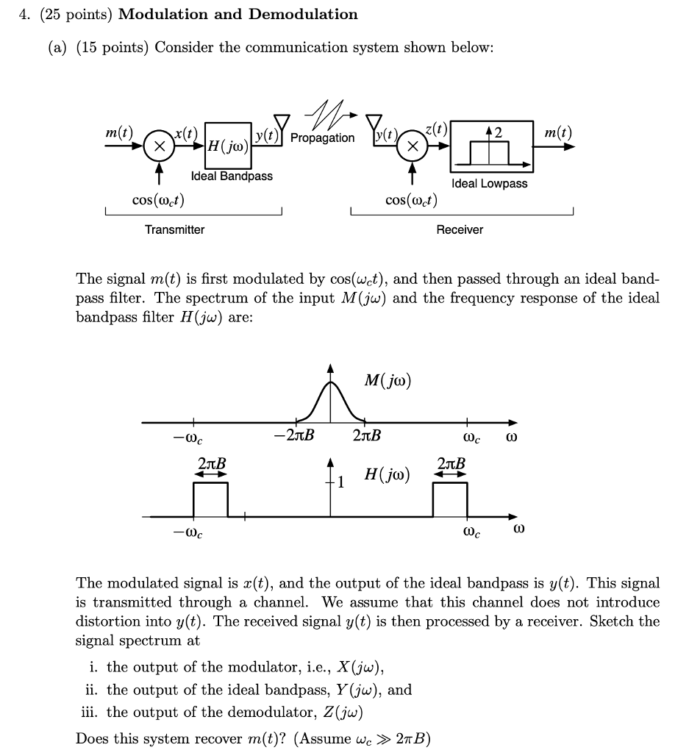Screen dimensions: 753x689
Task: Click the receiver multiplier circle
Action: click(x=413, y=146)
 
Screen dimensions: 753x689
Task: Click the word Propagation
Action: click(x=322, y=138)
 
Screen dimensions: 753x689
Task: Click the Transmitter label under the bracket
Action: click(x=174, y=229)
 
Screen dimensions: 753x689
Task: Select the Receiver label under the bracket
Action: click(x=460, y=229)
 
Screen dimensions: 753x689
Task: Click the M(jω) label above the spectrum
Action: click(x=387, y=381)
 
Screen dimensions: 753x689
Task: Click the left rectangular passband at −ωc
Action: click(x=210, y=500)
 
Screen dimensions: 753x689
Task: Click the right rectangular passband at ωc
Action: click(x=449, y=500)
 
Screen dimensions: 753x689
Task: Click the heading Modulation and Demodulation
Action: click(x=238, y=14)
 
